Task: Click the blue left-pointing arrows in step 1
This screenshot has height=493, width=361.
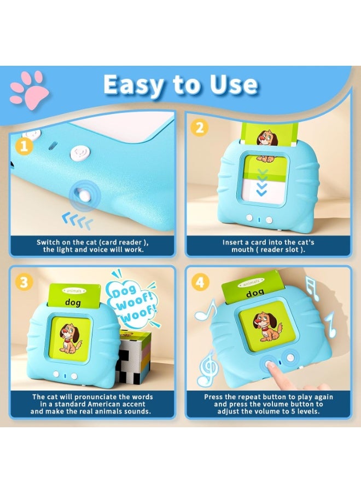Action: coord(77,221)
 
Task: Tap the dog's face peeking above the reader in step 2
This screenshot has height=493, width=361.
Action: coord(267,138)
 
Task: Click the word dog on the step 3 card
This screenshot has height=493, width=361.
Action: coord(73,302)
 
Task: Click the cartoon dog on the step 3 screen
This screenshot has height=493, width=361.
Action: coord(71,339)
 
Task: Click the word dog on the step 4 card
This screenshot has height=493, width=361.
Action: coord(255,294)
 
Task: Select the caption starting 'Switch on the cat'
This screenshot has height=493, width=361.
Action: coord(92,245)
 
